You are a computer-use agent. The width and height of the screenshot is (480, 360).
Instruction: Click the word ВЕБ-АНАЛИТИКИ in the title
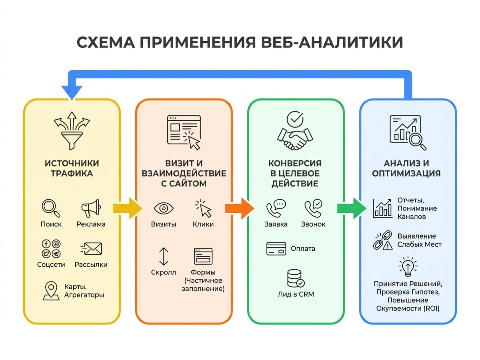click(x=332, y=42)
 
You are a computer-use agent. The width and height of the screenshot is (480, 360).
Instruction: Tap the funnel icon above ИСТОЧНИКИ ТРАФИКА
click(x=72, y=131)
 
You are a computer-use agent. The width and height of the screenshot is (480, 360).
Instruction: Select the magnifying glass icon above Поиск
click(x=51, y=208)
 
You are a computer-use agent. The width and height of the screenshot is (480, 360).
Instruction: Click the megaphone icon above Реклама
click(x=91, y=208)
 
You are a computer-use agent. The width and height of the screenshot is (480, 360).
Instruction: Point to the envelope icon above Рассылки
click(x=91, y=249)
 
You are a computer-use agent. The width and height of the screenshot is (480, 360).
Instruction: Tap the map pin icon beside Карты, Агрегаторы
click(x=51, y=291)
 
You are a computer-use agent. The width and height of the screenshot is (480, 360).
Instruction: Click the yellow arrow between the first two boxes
click(x=128, y=208)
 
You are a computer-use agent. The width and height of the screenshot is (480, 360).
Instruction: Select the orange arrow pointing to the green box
click(x=240, y=208)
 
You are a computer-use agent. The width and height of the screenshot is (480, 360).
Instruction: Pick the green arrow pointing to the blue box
click(x=352, y=208)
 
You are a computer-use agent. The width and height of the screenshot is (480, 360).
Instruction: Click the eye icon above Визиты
click(x=164, y=208)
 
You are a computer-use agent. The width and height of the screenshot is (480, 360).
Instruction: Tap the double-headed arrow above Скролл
click(x=164, y=256)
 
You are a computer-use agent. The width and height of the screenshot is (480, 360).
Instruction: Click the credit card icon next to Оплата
click(x=276, y=249)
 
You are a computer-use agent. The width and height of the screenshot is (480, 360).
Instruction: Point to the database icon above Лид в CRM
click(x=296, y=278)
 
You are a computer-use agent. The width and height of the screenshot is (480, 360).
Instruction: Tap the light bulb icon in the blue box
click(x=408, y=267)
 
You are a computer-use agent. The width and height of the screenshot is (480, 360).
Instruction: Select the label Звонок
click(x=313, y=224)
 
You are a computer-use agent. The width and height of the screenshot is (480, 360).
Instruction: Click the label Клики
click(x=203, y=224)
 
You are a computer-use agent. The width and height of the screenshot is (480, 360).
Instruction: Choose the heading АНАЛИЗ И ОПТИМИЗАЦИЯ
click(x=406, y=168)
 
